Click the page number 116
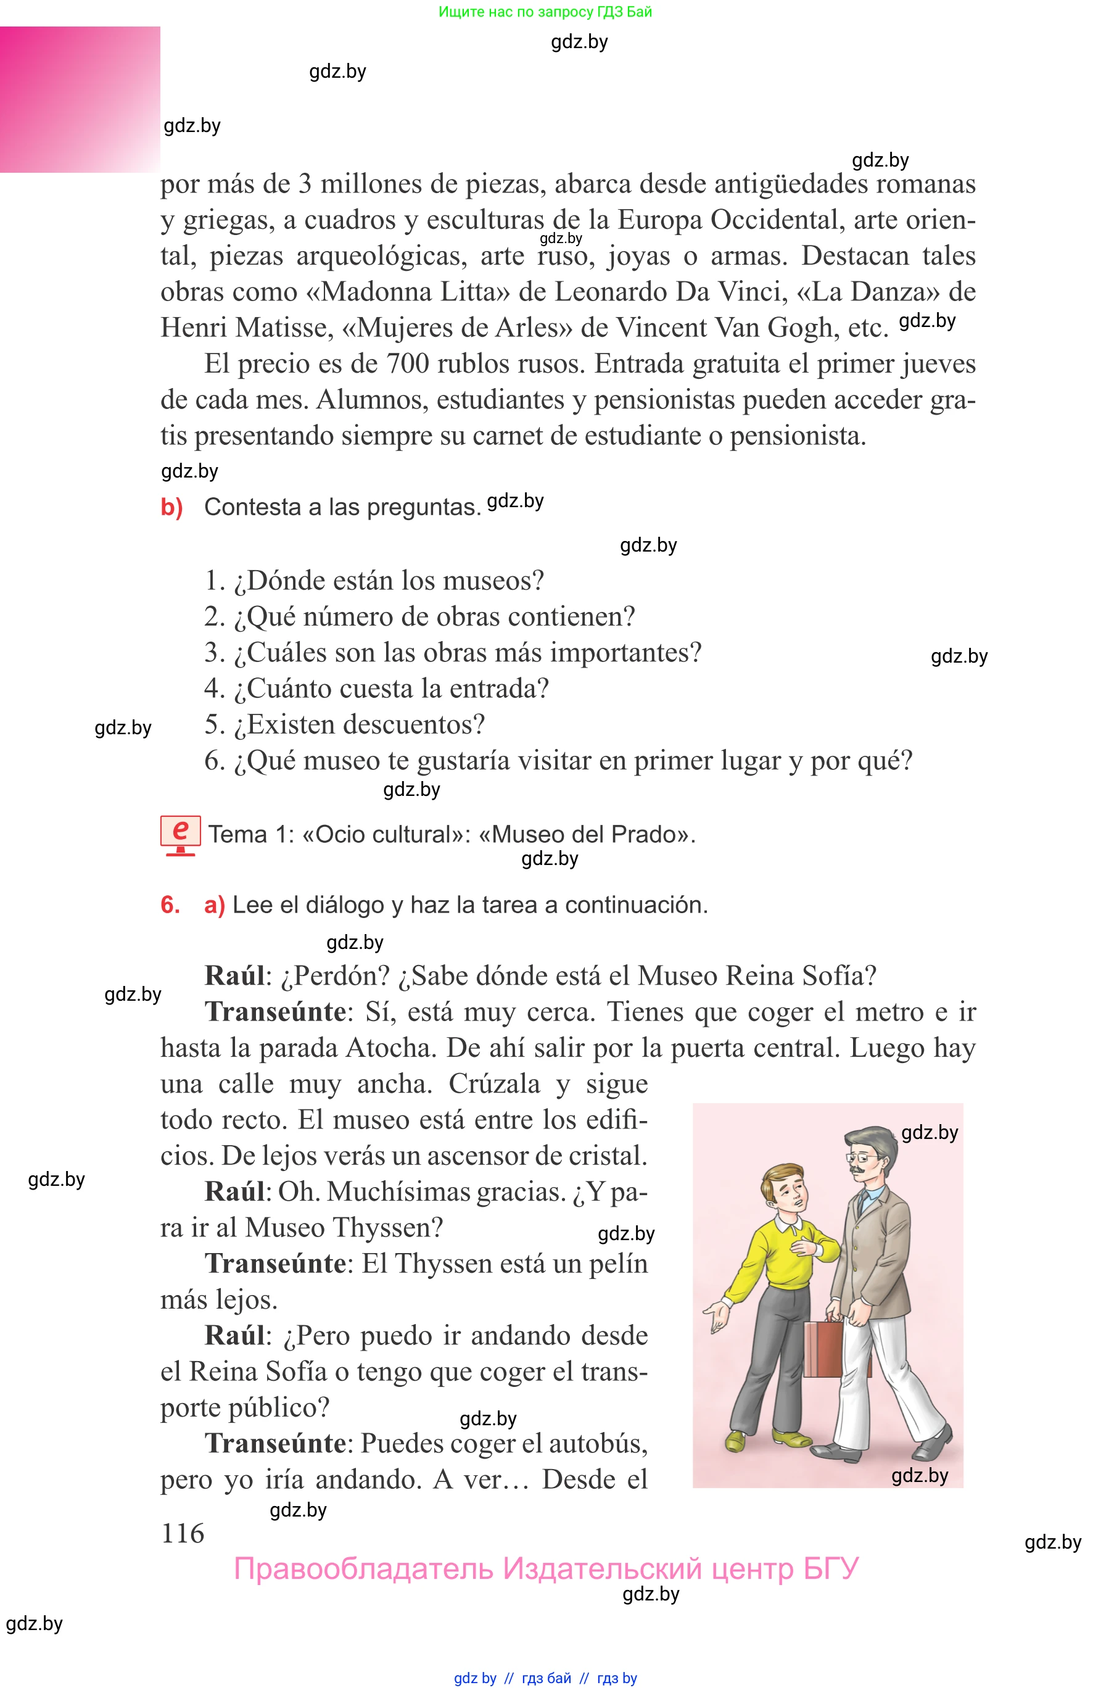pos(183,1533)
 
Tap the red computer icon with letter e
pos(180,835)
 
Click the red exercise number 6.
pos(170,904)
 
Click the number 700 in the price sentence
pos(407,363)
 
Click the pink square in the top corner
pos(80,99)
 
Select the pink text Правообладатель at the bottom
pos(363,1568)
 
